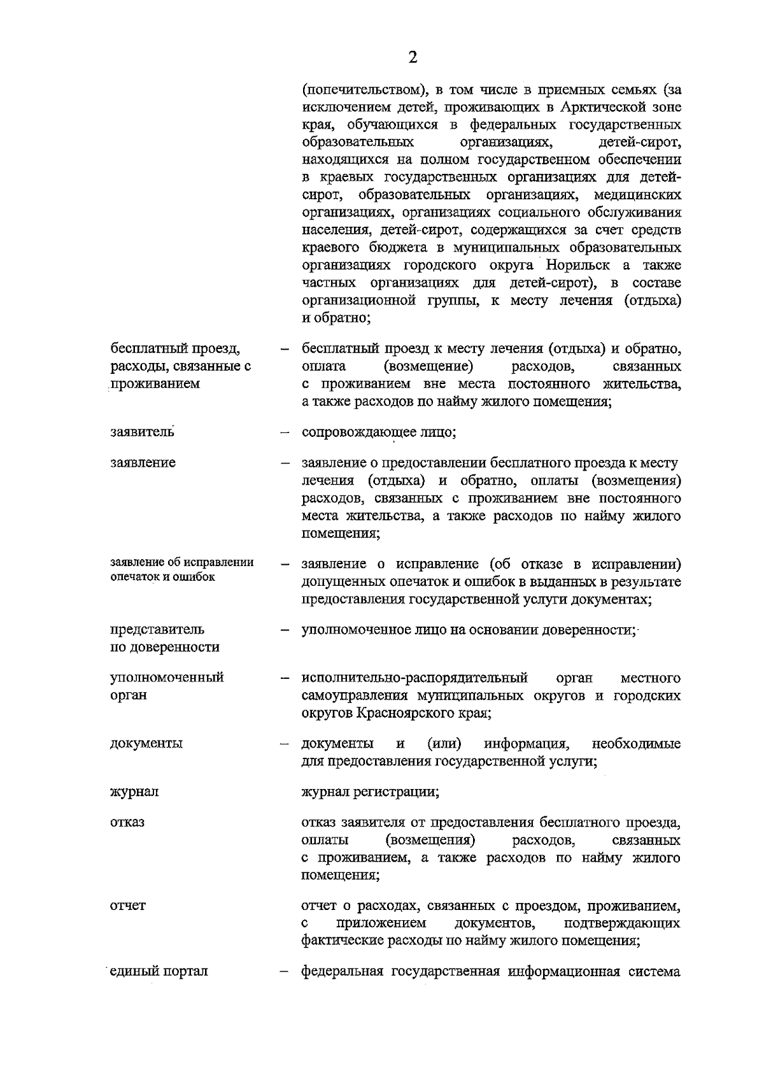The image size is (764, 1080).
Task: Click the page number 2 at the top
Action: pos(413,58)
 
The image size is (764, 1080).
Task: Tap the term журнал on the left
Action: pos(134,792)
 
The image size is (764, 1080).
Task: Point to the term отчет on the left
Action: pos(128,905)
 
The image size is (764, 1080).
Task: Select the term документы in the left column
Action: pos(146,743)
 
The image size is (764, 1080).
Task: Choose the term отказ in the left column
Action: pos(127,821)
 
